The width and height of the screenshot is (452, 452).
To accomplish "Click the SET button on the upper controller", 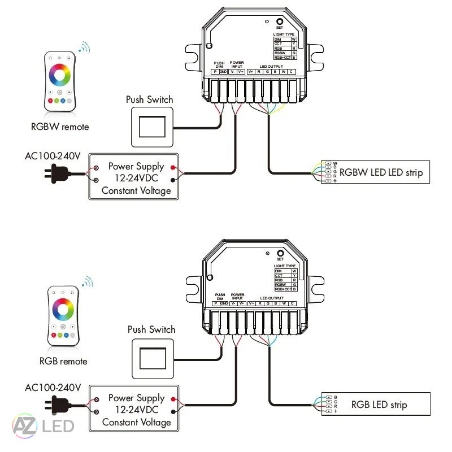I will coord(279,21).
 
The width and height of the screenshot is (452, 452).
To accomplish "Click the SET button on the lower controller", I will coord(279,253).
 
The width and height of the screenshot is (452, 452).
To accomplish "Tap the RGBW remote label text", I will coord(60,127).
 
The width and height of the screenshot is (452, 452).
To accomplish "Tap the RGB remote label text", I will coord(63,360).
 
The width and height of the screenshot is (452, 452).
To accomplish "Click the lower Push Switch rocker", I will coord(153,359).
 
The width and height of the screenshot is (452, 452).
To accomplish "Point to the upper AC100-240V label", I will coord(53,155).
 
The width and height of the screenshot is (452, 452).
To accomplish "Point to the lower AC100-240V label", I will coord(53,388).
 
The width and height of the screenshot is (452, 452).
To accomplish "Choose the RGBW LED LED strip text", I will coord(381,172).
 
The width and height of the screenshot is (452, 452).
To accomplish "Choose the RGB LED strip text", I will coord(379,405).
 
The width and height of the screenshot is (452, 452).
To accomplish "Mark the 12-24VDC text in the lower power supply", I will coord(136,410).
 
